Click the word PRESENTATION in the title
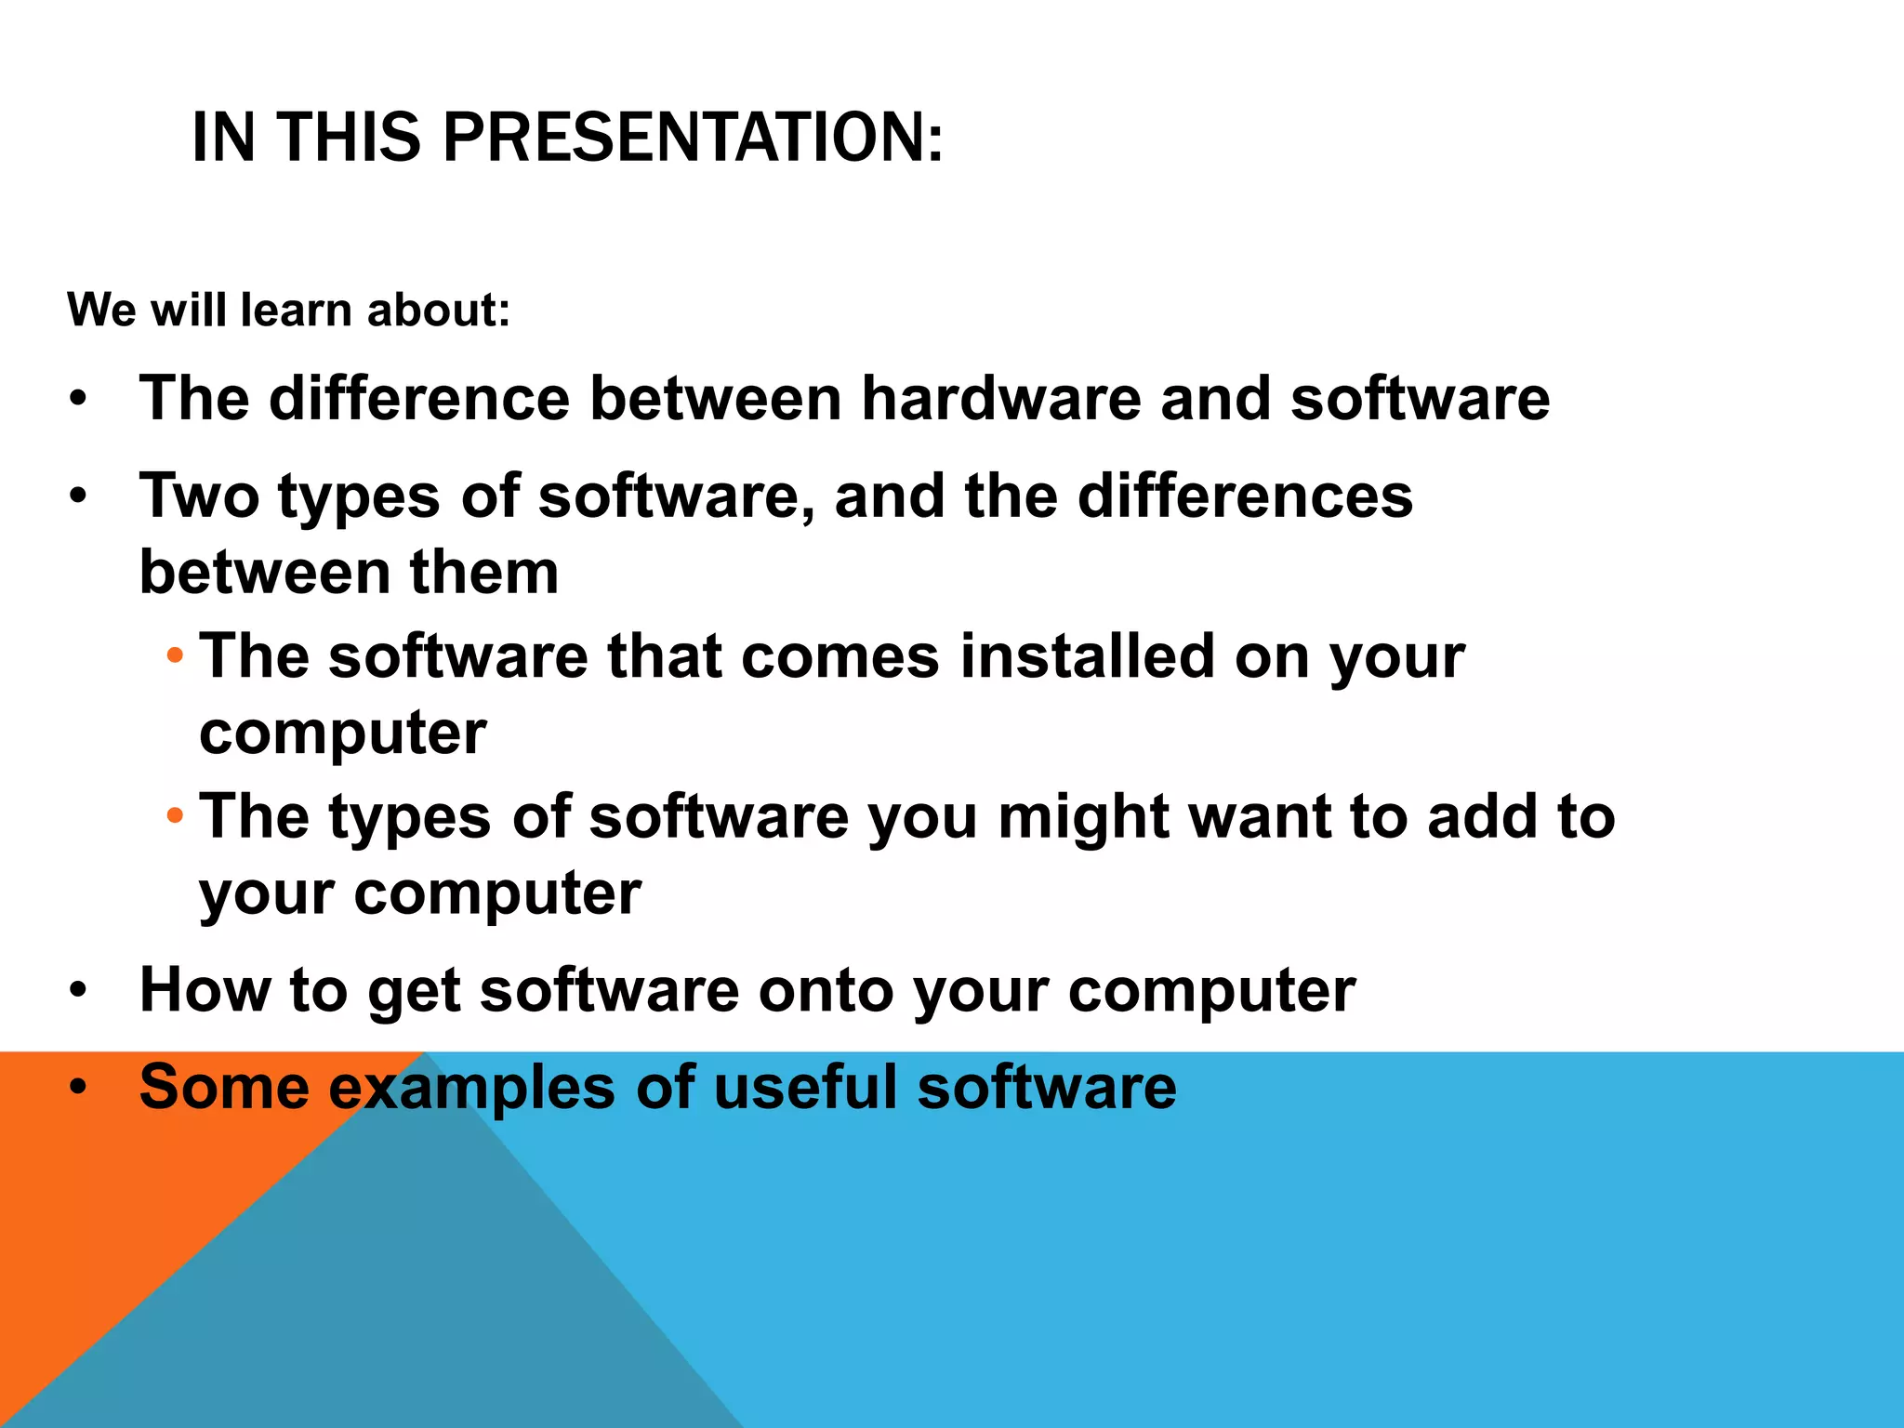pyautogui.click(x=693, y=138)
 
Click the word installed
pyautogui.click(x=1087, y=656)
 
